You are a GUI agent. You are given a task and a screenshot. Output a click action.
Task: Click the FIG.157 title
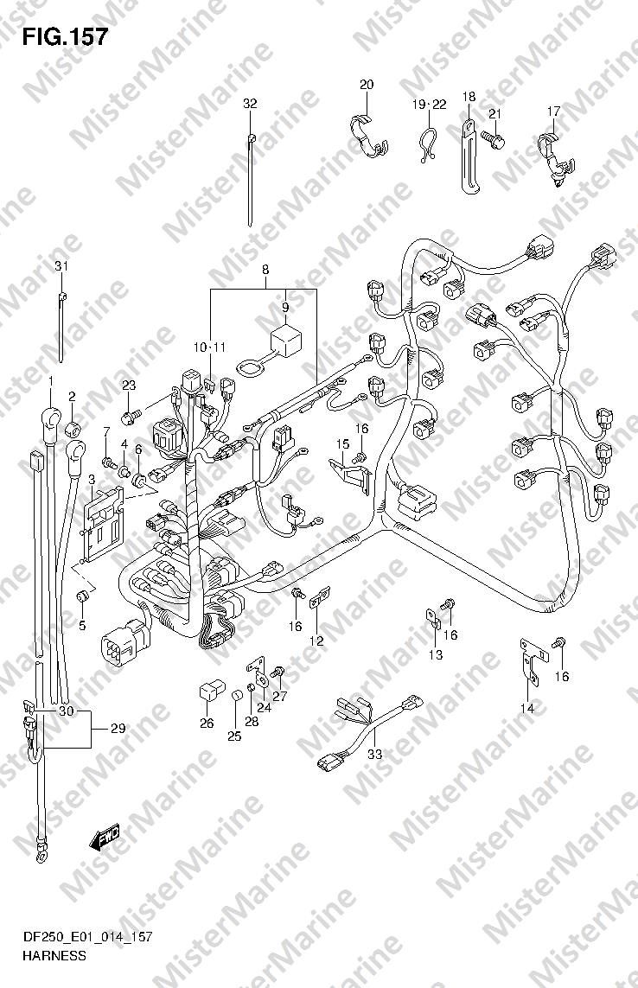pyautogui.click(x=64, y=36)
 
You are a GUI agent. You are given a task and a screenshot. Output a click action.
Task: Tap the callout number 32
pyautogui.click(x=251, y=104)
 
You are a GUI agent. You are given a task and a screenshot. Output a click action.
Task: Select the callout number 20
pyautogui.click(x=367, y=85)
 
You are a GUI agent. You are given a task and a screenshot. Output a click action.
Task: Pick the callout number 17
pyautogui.click(x=553, y=112)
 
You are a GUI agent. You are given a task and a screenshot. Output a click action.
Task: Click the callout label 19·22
pyautogui.click(x=430, y=104)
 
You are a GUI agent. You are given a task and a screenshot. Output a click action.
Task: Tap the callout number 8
pyautogui.click(x=265, y=269)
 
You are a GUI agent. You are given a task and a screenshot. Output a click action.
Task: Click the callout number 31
pyautogui.click(x=61, y=266)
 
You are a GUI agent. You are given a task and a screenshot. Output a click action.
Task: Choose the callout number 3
pyautogui.click(x=92, y=480)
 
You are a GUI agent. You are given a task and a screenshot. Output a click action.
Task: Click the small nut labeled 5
pyautogui.click(x=81, y=596)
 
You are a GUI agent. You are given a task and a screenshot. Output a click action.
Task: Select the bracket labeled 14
pyautogui.click(x=531, y=661)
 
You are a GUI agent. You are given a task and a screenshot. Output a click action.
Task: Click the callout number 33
pyautogui.click(x=374, y=754)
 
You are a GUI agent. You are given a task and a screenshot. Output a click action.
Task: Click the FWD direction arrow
pyautogui.click(x=104, y=838)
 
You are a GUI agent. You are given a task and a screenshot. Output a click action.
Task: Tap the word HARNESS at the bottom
pyautogui.click(x=54, y=955)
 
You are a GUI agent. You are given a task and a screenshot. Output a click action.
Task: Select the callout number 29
pyautogui.click(x=118, y=729)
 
